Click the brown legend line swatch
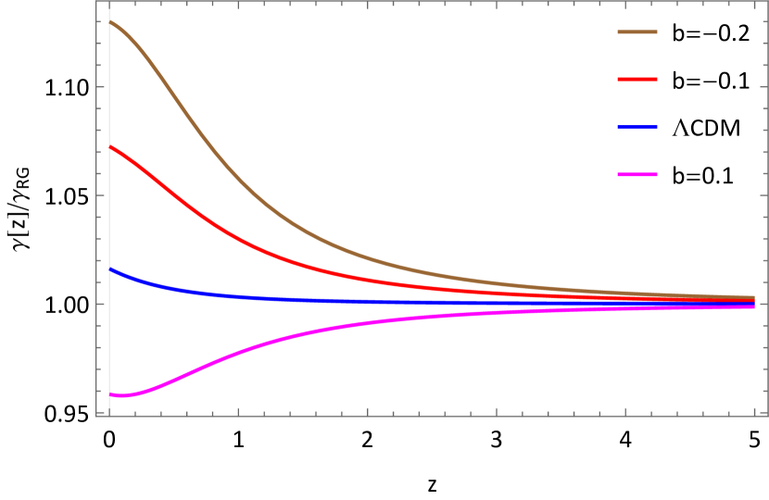[637, 31]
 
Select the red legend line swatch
[637, 80]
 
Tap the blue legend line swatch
[637, 127]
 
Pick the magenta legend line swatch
[637, 174]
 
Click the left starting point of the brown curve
[110, 21]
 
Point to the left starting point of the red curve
[110, 146]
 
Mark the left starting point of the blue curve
[110, 269]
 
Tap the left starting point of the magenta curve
[110, 394]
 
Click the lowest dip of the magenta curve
[121, 395]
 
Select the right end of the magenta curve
[754, 306]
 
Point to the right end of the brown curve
[754, 298]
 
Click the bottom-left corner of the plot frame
[96, 416]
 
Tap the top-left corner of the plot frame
[96, 1]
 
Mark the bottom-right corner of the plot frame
[767, 416]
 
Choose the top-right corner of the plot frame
[767, 1]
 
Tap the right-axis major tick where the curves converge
[763, 304]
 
